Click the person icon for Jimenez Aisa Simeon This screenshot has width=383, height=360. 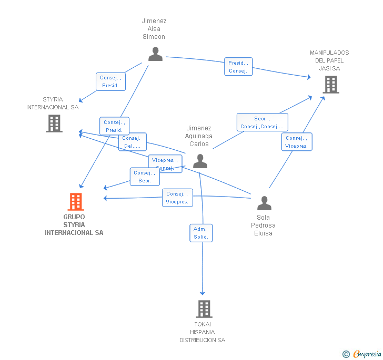155,54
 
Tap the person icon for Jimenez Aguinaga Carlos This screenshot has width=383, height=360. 200,161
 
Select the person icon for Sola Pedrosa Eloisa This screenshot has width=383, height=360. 264,203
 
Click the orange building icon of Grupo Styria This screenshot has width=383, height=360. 76,201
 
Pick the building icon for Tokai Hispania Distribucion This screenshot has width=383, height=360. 204,308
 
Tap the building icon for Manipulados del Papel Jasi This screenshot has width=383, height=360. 330,84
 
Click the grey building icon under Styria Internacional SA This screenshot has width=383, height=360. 54,124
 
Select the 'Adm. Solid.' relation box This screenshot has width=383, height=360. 201,233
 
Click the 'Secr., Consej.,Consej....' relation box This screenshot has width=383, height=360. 262,122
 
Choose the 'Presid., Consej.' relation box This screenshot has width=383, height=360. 238,67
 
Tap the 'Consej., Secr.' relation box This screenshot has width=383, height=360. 145,177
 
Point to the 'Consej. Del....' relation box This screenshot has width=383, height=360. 132,142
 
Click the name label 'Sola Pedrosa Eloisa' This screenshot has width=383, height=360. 263,225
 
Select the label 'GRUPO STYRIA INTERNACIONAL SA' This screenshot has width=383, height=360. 74,224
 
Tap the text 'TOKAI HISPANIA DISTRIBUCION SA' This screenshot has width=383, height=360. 202,332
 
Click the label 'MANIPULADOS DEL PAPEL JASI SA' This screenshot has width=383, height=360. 329,60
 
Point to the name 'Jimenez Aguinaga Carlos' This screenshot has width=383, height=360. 199,136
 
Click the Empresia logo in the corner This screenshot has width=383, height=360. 367,354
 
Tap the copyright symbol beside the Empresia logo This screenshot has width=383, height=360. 346,354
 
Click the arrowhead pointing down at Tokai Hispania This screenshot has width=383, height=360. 203,293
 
